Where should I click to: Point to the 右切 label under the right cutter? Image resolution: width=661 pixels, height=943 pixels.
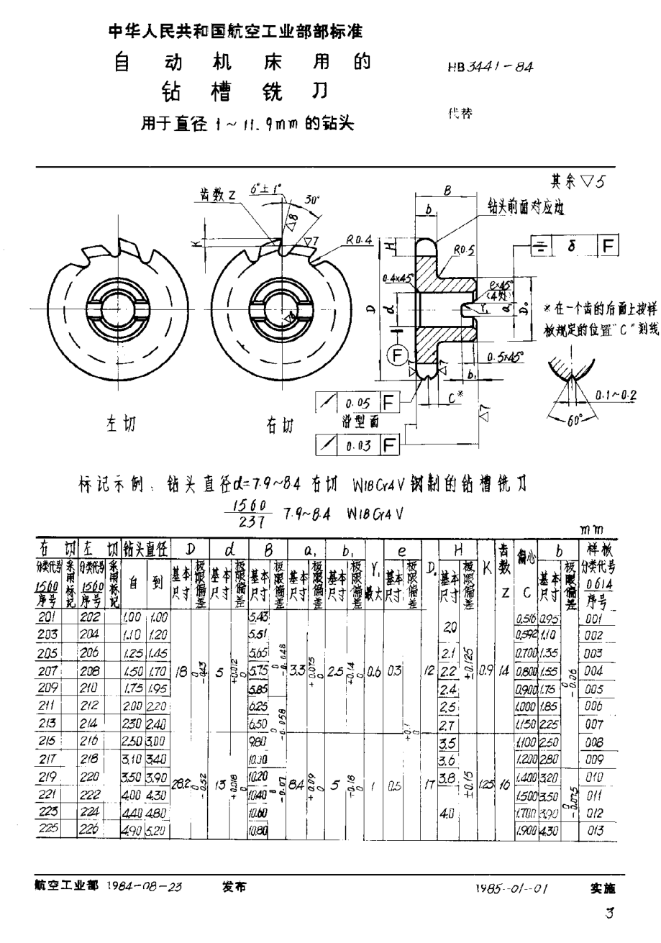[x=280, y=427]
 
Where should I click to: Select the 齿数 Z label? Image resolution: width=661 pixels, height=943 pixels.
[x=216, y=195]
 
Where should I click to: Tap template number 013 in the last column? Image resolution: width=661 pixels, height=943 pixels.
[x=597, y=829]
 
